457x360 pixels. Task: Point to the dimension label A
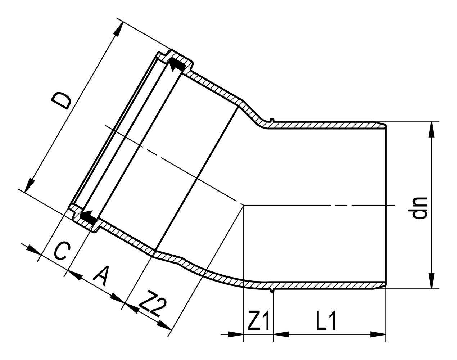coord(101,275)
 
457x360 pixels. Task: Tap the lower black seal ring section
coord(88,216)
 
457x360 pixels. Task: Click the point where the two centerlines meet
coord(244,205)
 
